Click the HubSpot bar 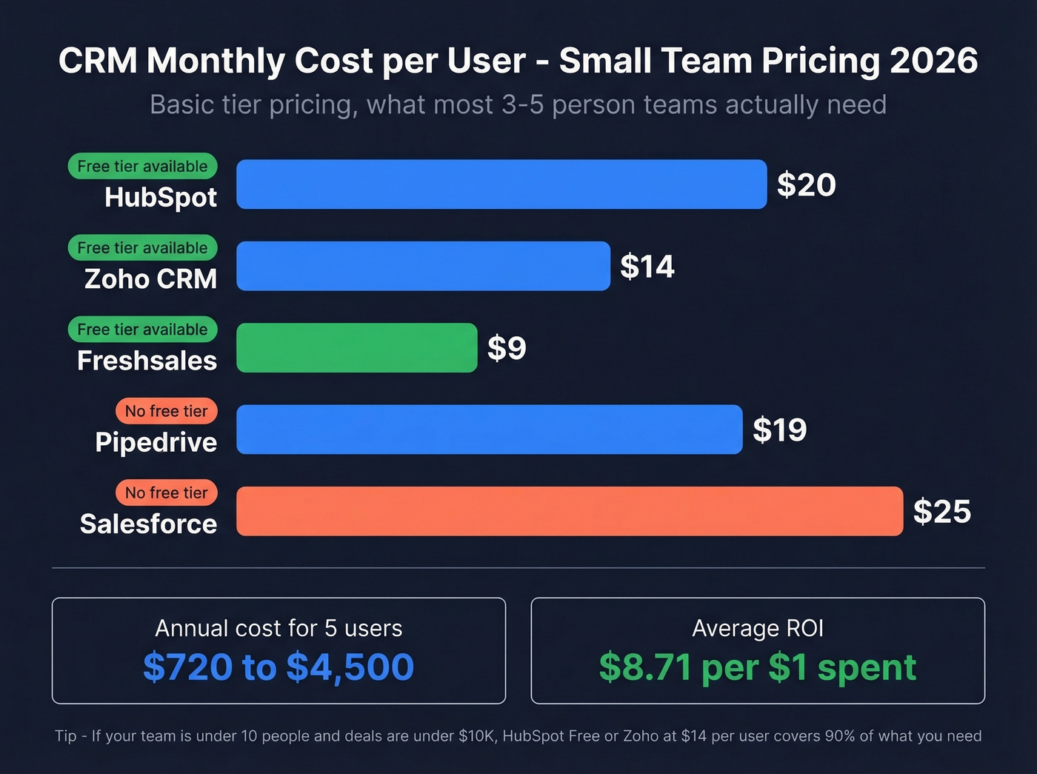(x=501, y=184)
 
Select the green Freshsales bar (x=356, y=347)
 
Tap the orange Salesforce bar (x=569, y=511)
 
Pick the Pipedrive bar (x=489, y=430)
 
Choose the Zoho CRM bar (x=423, y=266)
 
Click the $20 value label (x=806, y=184)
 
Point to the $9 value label (x=507, y=347)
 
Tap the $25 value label (x=941, y=511)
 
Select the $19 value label (x=779, y=430)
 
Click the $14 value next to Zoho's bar (x=647, y=266)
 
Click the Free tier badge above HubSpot (x=142, y=166)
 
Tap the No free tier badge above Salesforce (x=166, y=493)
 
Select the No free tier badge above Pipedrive (x=166, y=411)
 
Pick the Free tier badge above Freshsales (x=142, y=330)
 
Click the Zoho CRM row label (x=150, y=279)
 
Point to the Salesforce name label (x=148, y=524)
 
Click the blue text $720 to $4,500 (x=279, y=667)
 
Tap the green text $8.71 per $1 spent (x=757, y=667)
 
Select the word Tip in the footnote (x=65, y=735)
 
